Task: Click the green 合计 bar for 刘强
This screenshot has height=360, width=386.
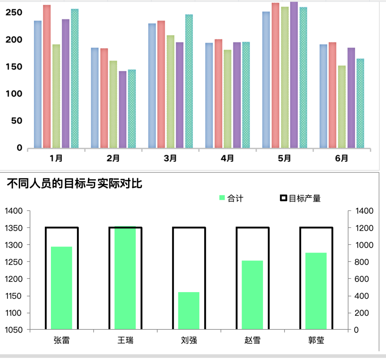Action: click(x=189, y=311)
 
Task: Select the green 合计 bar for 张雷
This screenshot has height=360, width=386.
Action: click(x=61, y=288)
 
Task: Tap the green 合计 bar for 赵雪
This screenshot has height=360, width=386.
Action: click(x=252, y=295)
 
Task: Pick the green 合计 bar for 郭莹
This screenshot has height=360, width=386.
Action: click(x=316, y=291)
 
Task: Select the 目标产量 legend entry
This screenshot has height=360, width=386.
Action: click(x=300, y=198)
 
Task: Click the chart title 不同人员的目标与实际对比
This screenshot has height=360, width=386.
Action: click(x=75, y=184)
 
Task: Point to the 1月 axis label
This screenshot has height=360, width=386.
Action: click(x=56, y=158)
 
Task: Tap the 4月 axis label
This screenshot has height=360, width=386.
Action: click(x=227, y=158)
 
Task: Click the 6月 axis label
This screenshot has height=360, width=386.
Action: click(x=342, y=158)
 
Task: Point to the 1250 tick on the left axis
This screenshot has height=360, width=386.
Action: click(x=14, y=262)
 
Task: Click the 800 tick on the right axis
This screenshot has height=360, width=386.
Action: click(x=360, y=262)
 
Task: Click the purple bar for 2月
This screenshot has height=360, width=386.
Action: click(x=123, y=109)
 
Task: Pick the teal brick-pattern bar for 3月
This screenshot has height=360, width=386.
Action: click(x=189, y=81)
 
